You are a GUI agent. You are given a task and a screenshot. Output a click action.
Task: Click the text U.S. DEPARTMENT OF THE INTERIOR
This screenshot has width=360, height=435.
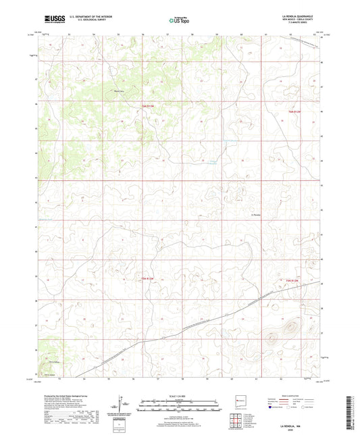tap(98, 18)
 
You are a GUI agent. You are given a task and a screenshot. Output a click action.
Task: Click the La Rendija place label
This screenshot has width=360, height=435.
tap(256, 215)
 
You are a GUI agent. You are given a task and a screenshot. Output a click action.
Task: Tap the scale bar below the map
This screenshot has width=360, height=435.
tap(179, 405)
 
